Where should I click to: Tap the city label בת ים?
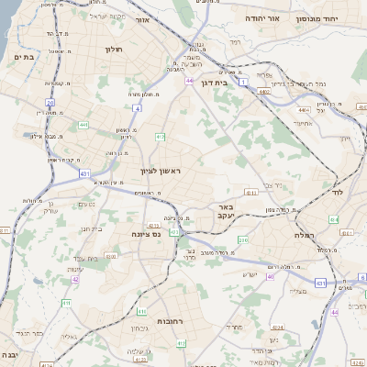[x=24, y=57]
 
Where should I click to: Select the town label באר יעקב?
[x=227, y=212]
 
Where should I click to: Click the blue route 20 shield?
[x=50, y=103]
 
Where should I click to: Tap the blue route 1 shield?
[x=242, y=83]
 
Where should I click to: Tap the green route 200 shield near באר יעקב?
[x=243, y=239]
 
